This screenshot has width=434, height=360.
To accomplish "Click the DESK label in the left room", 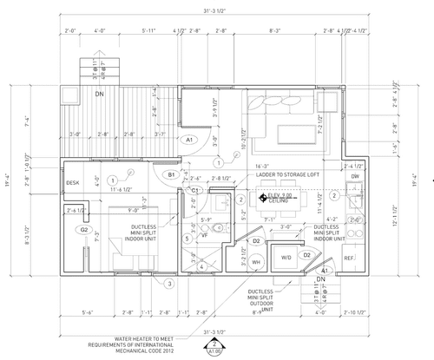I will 73,182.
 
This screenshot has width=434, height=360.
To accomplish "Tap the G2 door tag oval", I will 85,230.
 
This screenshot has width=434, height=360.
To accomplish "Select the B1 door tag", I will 172,175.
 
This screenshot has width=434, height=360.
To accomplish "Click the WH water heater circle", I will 256,261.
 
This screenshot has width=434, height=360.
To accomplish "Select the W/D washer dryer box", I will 286,258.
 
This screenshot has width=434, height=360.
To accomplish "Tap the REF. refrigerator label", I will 350,259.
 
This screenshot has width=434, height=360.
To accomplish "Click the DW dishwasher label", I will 355,177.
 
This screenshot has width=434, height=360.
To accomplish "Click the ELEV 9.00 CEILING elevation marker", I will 282,199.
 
